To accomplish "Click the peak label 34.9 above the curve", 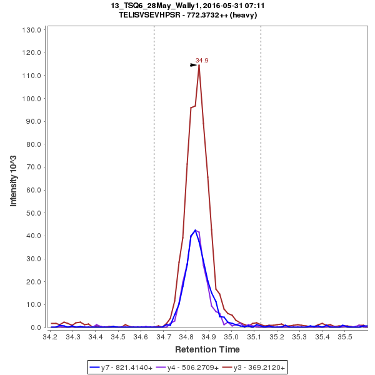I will (x=202, y=61).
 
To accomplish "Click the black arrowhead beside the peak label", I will (x=193, y=64).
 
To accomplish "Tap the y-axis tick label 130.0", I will (x=31, y=29).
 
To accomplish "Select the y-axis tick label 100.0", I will (x=31, y=98).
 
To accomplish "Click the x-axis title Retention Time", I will (x=207, y=349).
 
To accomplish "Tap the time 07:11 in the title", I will (x=246, y=5).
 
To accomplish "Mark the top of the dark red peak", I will (x=199, y=65).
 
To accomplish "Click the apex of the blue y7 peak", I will (x=195, y=230).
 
